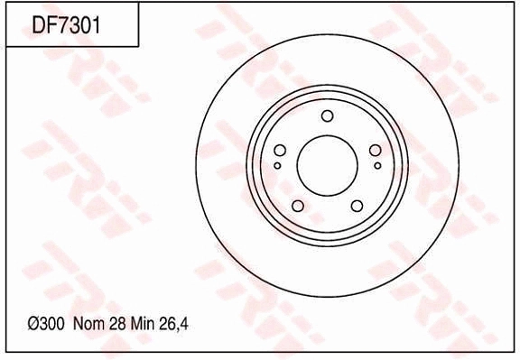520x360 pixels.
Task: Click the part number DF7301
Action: (x=66, y=24)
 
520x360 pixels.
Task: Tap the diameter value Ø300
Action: (x=46, y=324)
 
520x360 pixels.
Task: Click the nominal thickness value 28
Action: (x=117, y=324)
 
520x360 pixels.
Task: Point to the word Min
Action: (x=143, y=324)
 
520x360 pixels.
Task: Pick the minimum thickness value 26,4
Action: (x=173, y=324)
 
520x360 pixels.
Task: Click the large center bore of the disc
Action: (x=328, y=165)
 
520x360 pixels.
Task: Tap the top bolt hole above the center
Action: (x=328, y=116)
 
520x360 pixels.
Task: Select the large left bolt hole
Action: (x=280, y=151)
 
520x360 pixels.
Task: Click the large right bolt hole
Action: (x=375, y=151)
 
